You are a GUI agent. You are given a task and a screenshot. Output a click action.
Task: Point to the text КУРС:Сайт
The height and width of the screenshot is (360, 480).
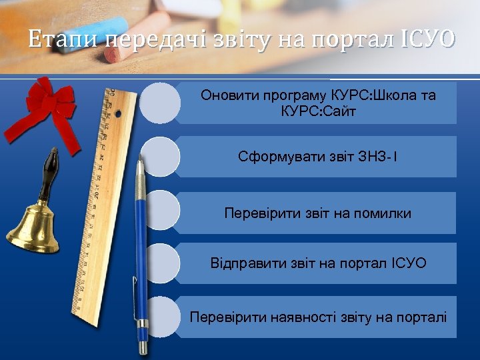click(x=319, y=111)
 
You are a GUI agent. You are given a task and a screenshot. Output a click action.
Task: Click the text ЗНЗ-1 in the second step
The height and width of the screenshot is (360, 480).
click(x=378, y=157)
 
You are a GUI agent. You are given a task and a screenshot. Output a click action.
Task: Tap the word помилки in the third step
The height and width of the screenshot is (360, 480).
click(x=382, y=213)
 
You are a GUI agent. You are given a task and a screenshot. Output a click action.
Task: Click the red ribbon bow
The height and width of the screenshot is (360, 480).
click(x=48, y=103)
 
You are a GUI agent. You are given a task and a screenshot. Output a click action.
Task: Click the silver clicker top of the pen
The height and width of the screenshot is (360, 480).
click(x=140, y=167)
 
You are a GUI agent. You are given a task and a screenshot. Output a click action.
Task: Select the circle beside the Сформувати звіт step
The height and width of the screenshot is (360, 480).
click(x=160, y=157)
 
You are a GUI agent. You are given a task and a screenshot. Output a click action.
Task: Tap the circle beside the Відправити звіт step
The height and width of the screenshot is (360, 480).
click(x=160, y=263)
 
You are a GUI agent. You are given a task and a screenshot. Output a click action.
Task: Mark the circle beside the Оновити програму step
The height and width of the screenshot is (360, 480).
click(x=160, y=103)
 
